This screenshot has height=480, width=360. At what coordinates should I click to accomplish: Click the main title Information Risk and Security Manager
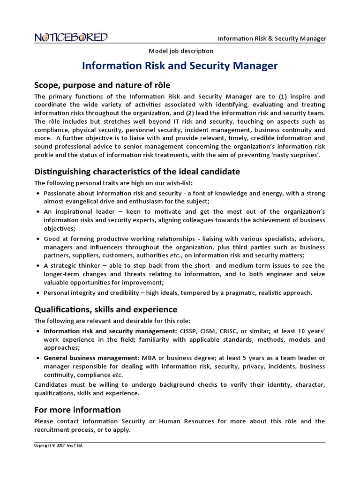pyautogui.click(x=180, y=66)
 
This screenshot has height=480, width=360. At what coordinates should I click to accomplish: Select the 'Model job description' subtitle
pyautogui.click(x=180, y=51)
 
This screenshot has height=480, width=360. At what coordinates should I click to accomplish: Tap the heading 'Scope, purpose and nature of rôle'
pyautogui.click(x=102, y=85)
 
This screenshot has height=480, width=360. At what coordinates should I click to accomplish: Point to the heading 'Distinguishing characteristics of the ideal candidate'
pyautogui.click(x=137, y=172)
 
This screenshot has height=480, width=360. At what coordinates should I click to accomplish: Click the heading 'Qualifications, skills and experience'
pyautogui.click(x=106, y=309)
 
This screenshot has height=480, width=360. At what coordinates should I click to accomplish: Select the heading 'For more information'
pyautogui.click(x=77, y=410)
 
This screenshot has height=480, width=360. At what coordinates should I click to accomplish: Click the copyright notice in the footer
pyautogui.click(x=59, y=445)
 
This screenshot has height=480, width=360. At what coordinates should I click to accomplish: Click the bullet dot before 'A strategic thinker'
pyautogui.click(x=37, y=266)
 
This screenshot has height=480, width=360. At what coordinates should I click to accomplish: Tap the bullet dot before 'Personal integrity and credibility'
pyautogui.click(x=37, y=293)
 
